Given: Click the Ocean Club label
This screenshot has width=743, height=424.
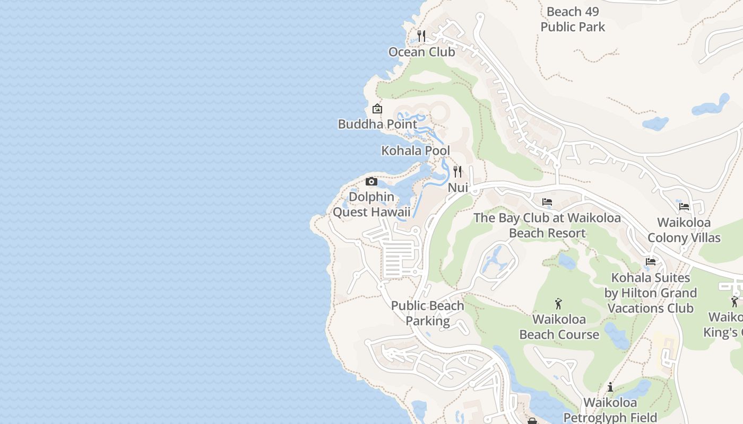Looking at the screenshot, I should (x=421, y=52).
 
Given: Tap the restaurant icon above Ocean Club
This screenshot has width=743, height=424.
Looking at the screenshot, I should (x=421, y=36).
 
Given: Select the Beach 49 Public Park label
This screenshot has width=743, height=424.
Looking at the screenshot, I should (x=573, y=19).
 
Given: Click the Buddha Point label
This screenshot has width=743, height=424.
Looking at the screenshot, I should (x=377, y=124).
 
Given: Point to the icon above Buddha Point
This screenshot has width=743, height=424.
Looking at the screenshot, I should (x=377, y=109).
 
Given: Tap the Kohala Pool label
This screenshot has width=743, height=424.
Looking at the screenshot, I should (x=416, y=151).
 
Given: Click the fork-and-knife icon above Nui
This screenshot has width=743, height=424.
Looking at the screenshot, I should (x=457, y=172).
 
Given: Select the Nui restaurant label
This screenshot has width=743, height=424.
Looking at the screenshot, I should (x=457, y=188).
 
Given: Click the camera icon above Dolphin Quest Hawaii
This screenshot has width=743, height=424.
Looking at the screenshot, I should (x=371, y=182).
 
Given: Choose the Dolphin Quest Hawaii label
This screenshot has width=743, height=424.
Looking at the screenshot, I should (x=371, y=205).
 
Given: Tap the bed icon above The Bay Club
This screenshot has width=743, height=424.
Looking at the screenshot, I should (x=547, y=202).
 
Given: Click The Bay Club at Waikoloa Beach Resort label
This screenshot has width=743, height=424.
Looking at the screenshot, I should (x=547, y=225).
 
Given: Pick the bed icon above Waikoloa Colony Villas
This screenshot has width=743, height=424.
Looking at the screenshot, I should (x=684, y=207).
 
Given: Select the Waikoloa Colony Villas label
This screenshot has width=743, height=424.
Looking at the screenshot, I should (x=684, y=230).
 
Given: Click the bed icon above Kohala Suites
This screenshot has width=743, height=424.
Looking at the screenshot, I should (x=651, y=262).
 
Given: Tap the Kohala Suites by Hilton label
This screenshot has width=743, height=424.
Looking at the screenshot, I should (x=651, y=293).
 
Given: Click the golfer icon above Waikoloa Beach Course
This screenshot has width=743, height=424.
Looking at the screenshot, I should (x=558, y=304).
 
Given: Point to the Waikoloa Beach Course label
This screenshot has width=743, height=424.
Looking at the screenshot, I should (x=559, y=327).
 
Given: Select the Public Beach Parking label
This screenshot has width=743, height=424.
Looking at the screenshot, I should (x=428, y=313).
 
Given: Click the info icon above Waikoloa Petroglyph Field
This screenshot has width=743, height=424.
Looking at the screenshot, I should (x=610, y=387).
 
